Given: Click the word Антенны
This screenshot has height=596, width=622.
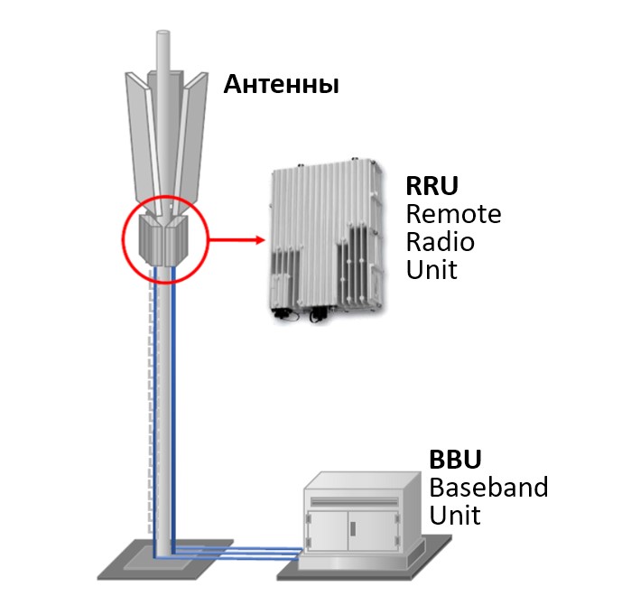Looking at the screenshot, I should tap(281, 86).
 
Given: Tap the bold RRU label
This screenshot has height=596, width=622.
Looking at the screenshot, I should tap(432, 188).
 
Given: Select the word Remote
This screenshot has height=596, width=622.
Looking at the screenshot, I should tap(453, 215).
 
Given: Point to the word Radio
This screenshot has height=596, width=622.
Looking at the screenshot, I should tap(440, 242).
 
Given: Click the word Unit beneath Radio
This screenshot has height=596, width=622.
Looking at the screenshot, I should tap(432, 269).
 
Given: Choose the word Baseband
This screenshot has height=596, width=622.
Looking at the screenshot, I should tap(487, 488).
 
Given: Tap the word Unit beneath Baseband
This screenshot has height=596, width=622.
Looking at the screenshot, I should tap(454, 516).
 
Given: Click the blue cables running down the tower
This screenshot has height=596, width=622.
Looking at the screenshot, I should tap(167, 406).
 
